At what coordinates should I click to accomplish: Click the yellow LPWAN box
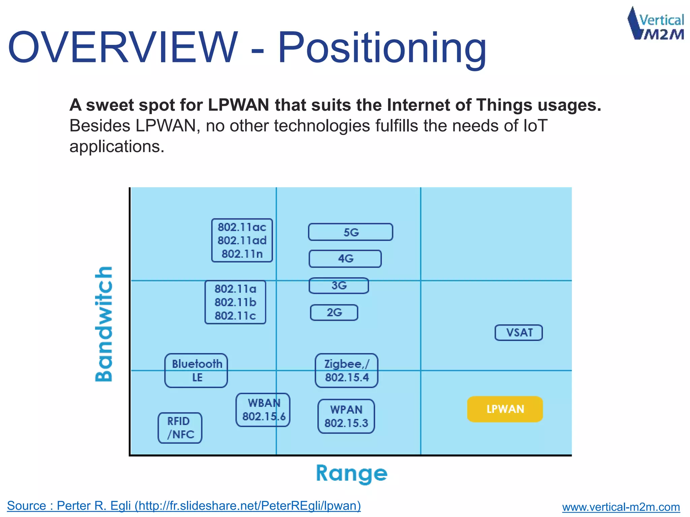point(505,409)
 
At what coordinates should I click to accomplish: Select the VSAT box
point(519,333)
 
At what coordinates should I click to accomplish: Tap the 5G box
point(350,232)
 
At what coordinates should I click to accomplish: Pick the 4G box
point(345,258)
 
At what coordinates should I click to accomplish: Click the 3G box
point(339,285)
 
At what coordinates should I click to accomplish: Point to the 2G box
point(334,312)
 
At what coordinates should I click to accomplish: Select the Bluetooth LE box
point(196,370)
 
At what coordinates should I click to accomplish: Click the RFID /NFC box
point(180,428)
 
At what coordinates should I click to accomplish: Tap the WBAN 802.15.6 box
point(263,410)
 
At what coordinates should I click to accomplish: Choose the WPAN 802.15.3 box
point(346,416)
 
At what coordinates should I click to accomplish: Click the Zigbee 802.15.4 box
point(346,370)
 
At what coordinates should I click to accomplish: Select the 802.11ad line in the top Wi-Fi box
point(242,240)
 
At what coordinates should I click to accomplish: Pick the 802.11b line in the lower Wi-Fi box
point(235,302)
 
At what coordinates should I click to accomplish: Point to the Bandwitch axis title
point(104,324)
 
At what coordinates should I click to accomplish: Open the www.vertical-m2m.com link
point(621,507)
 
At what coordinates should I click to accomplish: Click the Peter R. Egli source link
point(184,506)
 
